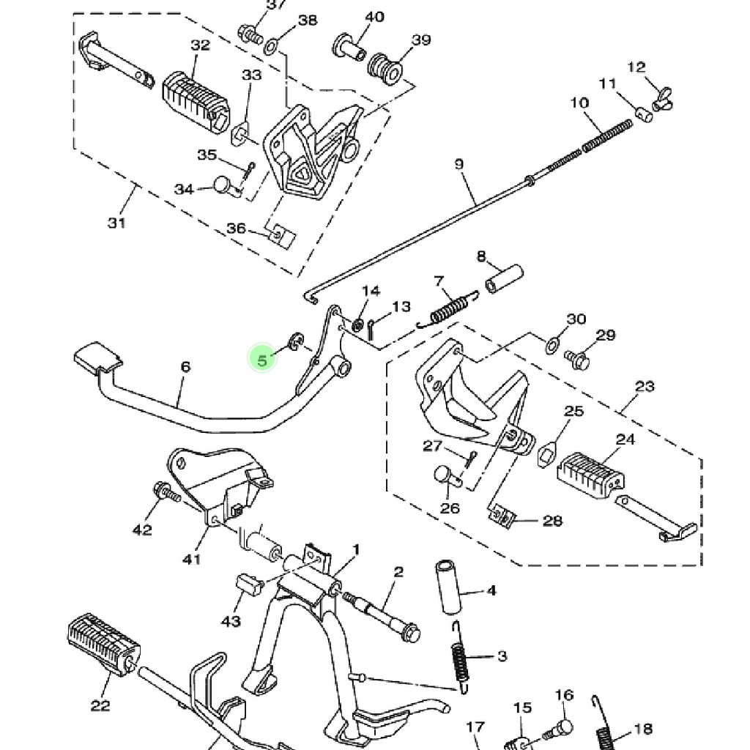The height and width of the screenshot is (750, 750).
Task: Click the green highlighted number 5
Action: [262, 359]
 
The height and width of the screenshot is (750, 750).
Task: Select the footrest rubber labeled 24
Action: [591, 472]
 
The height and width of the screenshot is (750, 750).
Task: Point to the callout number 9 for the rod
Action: [459, 164]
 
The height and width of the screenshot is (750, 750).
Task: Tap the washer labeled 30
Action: [552, 343]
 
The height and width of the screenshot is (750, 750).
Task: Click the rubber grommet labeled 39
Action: [385, 67]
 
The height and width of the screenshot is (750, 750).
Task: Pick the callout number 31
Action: [116, 223]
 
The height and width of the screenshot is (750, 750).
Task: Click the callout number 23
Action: [645, 386]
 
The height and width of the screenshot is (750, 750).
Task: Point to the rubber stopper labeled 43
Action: [250, 584]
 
